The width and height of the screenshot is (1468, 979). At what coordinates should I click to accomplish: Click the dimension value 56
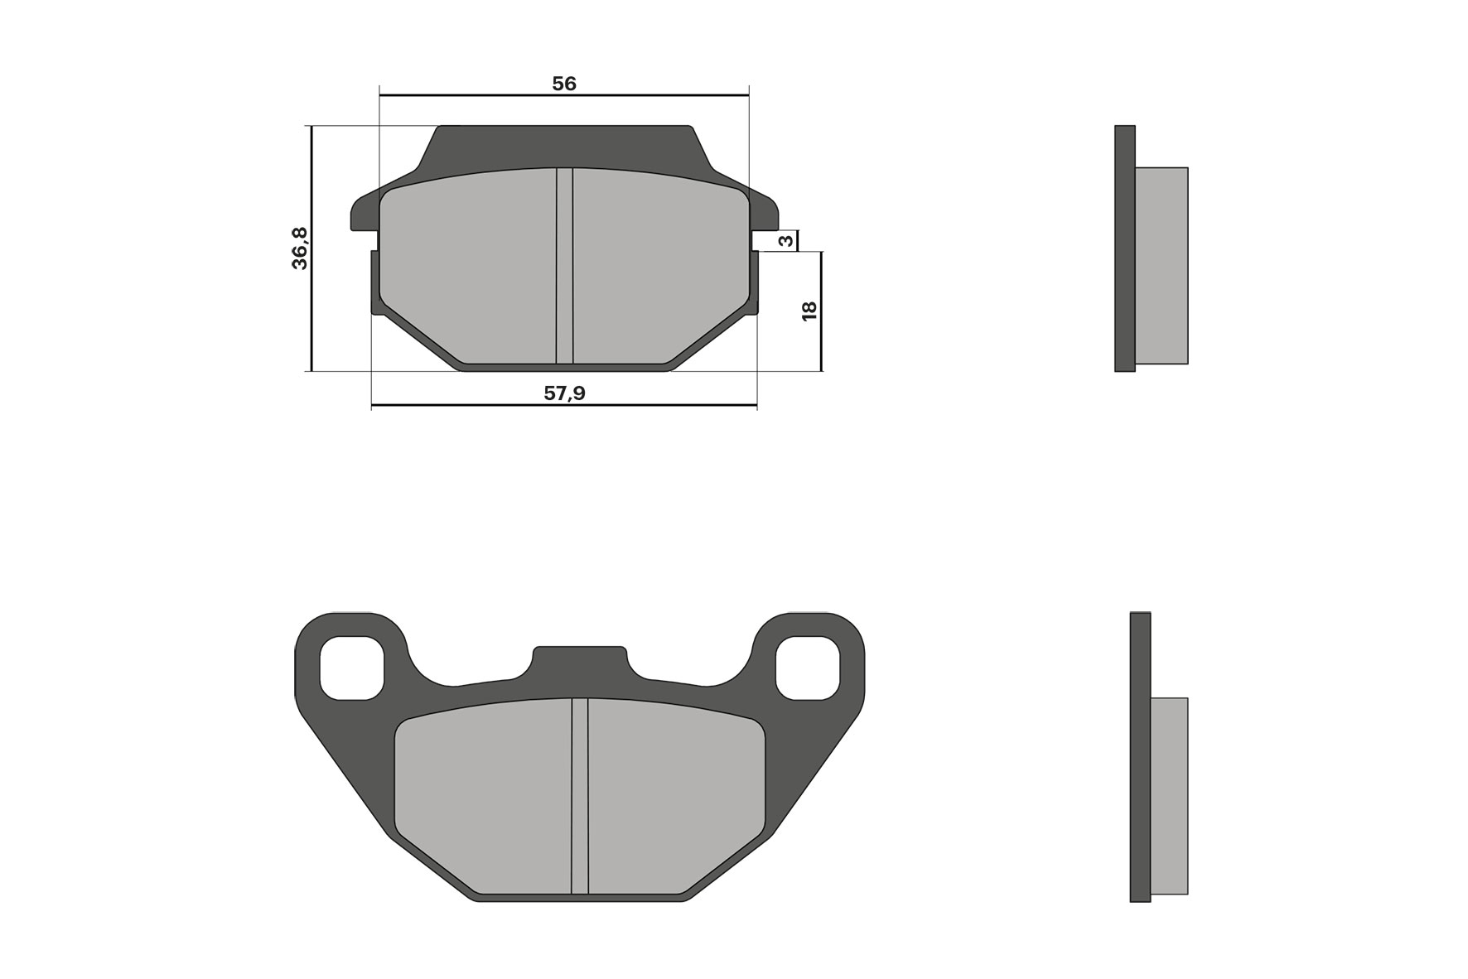(x=564, y=84)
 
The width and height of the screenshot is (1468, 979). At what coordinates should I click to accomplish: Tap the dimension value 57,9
(x=564, y=393)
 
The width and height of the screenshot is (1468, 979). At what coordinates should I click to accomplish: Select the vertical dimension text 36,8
(x=300, y=248)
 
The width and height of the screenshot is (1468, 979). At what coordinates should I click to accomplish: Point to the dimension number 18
(x=809, y=311)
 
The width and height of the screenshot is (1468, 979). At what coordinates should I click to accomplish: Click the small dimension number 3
(x=787, y=241)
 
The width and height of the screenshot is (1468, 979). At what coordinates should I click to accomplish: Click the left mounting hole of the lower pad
(x=352, y=668)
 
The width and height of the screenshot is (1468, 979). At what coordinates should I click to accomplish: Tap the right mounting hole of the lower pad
(x=808, y=668)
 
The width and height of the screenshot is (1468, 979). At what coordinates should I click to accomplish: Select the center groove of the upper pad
(x=564, y=265)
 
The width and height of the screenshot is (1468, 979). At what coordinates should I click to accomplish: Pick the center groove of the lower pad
(x=579, y=795)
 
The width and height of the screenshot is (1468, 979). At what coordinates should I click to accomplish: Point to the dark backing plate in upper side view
(x=1124, y=248)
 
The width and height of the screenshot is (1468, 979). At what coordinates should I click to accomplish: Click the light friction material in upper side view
(x=1161, y=265)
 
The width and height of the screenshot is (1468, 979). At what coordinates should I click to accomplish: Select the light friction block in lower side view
(x=1169, y=795)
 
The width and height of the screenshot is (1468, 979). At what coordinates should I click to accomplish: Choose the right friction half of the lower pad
(x=675, y=795)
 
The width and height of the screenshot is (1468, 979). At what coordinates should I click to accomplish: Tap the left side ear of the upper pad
(x=363, y=214)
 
